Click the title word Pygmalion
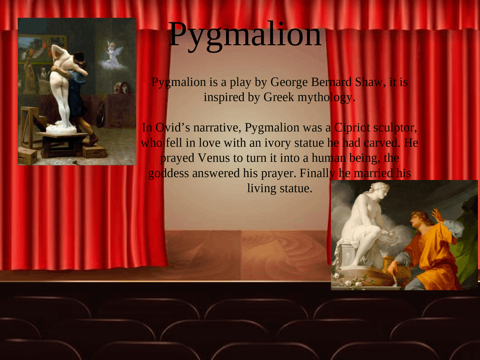(x=245, y=34)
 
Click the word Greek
(x=279, y=97)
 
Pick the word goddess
(x=168, y=173)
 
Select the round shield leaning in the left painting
(x=100, y=112)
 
